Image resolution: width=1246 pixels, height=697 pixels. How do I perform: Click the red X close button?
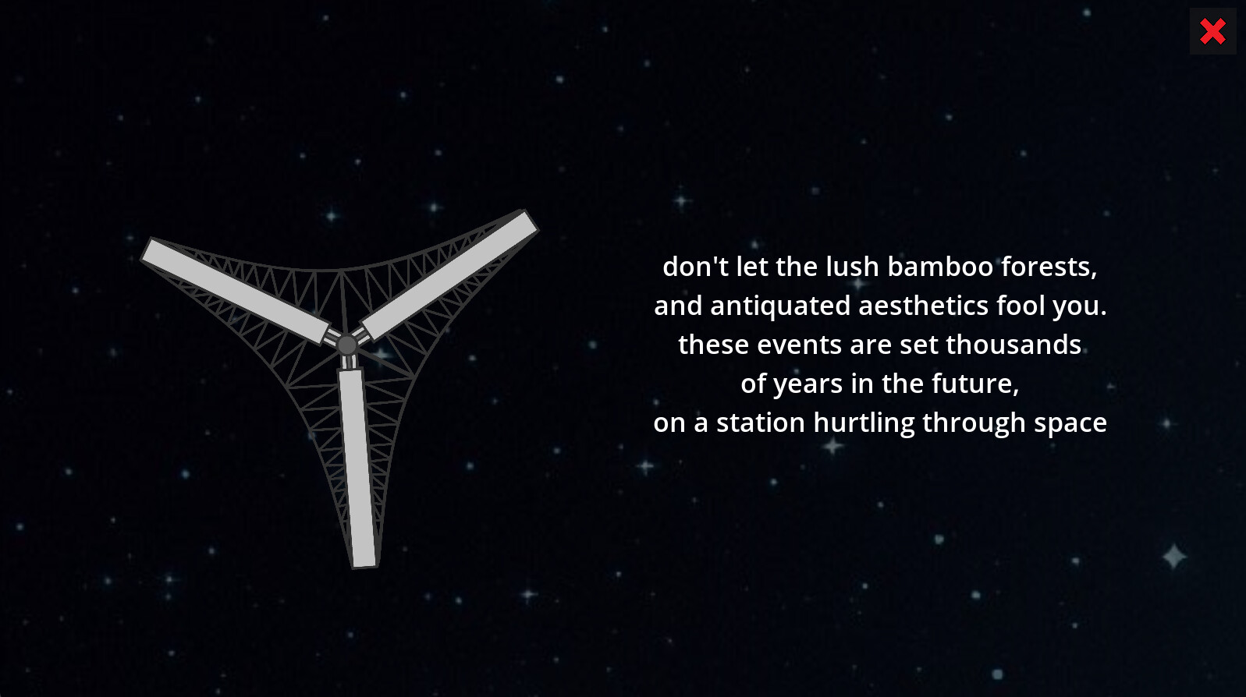click(x=1212, y=31)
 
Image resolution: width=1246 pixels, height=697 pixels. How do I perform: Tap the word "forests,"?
click(x=1049, y=267)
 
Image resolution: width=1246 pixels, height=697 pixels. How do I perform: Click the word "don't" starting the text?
click(x=695, y=267)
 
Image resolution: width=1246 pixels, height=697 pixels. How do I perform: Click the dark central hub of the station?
click(x=347, y=344)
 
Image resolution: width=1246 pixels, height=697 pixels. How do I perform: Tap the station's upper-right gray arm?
click(x=449, y=274)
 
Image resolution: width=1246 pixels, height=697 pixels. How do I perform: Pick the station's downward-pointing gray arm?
click(x=357, y=468)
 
